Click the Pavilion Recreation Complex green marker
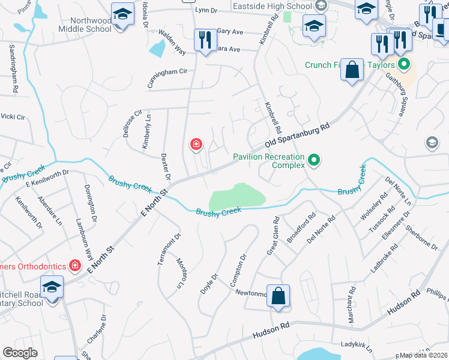click(x=313, y=160)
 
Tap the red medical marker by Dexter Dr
click(x=196, y=144)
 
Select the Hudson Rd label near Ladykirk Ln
click(x=271, y=330)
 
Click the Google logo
click(x=20, y=352)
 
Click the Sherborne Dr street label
click(x=421, y=236)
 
